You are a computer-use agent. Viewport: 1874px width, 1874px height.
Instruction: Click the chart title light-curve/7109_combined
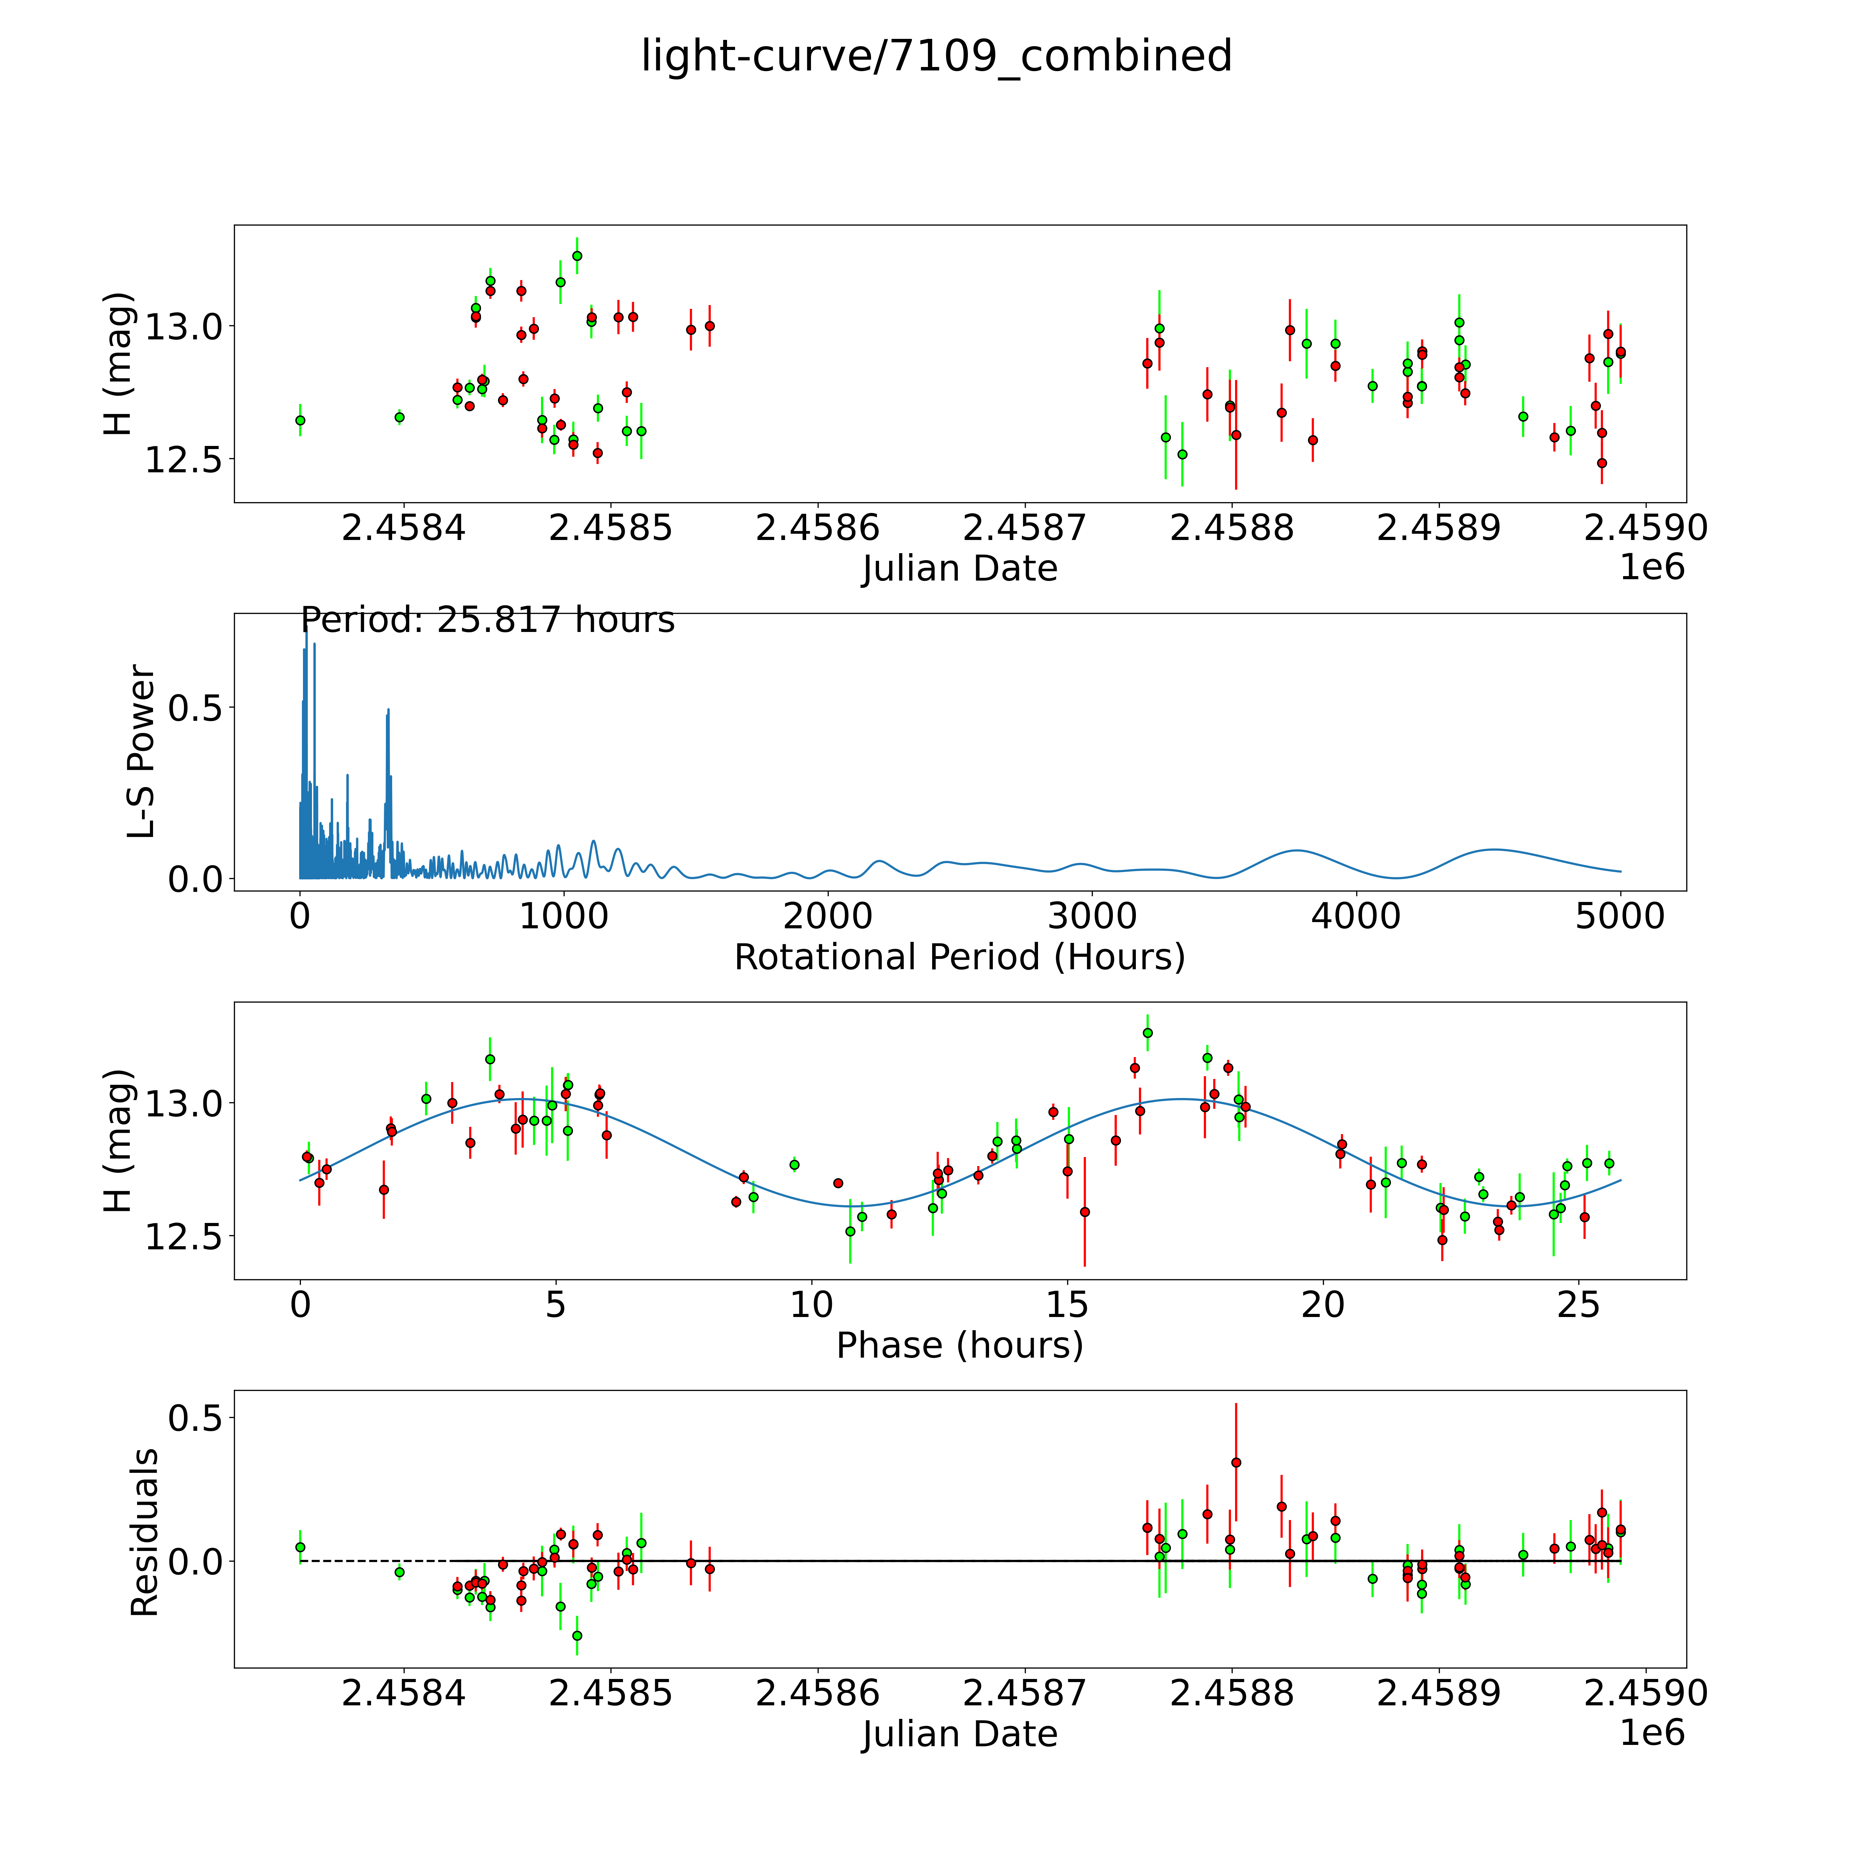[936, 56]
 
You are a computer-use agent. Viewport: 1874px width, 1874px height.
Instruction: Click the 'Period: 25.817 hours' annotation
[487, 620]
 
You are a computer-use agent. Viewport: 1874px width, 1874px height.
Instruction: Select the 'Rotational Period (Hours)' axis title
[959, 957]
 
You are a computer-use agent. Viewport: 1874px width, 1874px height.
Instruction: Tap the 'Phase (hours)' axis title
[959, 1345]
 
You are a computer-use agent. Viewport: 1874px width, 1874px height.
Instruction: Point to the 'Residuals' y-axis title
[144, 1533]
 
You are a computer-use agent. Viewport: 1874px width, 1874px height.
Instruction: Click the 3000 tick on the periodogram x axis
[1092, 917]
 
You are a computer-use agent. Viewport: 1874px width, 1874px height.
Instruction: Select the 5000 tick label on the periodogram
[1620, 917]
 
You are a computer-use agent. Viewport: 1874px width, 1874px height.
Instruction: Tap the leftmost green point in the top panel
[300, 420]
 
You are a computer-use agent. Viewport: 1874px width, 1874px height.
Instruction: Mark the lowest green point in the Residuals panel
[577, 1635]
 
